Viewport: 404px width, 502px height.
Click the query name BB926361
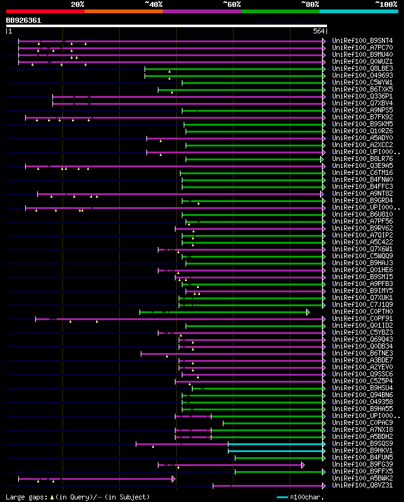[x=24, y=20]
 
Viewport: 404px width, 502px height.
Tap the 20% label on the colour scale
[x=78, y=4]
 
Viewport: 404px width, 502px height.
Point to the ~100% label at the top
[x=386, y=4]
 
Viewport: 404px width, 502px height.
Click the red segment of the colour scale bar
[x=45, y=11]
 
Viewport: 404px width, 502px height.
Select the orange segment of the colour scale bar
[x=123, y=11]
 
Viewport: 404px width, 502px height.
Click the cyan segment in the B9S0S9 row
[x=275, y=444]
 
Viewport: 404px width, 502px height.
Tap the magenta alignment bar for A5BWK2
[x=95, y=479]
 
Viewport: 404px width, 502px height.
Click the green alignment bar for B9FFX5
[x=278, y=472]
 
